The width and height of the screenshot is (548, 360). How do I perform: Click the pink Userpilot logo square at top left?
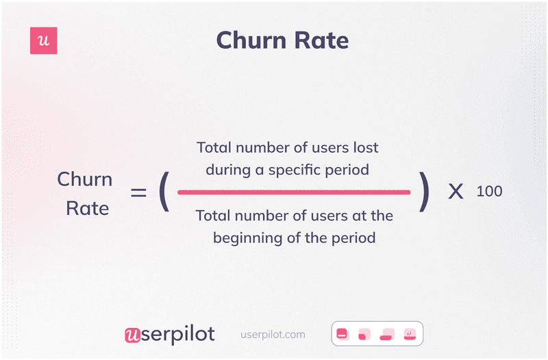pos(44,41)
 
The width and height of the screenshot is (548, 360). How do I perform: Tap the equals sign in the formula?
pos(139,193)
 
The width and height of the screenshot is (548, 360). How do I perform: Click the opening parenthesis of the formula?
pos(163,192)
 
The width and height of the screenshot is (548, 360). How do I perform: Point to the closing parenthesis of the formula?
pos(425,192)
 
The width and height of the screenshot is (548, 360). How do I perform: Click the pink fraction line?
pos(294,192)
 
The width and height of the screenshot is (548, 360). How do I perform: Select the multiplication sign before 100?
pos(456,192)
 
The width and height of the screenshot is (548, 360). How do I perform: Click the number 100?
pos(489,192)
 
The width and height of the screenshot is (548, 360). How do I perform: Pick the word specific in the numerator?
pos(306,169)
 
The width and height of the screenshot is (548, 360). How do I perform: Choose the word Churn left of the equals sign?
pos(84,179)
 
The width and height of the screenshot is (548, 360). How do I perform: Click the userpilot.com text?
pos(273,335)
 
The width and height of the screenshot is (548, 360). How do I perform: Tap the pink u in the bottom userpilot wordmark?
pos(132,335)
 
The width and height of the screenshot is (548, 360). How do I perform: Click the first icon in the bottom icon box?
pos(342,334)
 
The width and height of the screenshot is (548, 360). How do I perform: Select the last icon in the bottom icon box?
pos(410,334)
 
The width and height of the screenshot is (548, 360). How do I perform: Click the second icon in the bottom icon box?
pos(364,334)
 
